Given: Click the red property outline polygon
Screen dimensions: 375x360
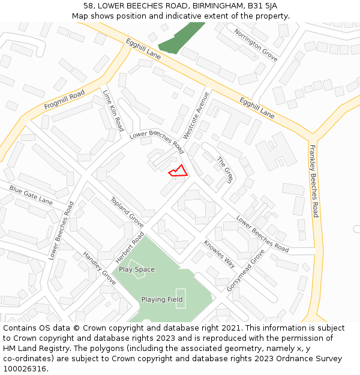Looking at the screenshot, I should (179, 172).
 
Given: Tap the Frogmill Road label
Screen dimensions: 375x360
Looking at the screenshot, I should (65, 100).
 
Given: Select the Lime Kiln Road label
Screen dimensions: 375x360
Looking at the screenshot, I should (113, 111).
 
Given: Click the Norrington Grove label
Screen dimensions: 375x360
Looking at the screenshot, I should (256, 45).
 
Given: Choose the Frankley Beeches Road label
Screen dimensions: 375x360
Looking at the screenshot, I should (314, 181).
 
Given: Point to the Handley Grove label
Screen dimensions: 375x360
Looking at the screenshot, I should (100, 268).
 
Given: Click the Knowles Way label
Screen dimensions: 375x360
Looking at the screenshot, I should (219, 253).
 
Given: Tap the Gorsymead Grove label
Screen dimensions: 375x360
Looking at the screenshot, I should (245, 271).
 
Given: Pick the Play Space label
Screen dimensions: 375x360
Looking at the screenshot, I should (137, 269).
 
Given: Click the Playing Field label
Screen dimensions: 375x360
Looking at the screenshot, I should (162, 299).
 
